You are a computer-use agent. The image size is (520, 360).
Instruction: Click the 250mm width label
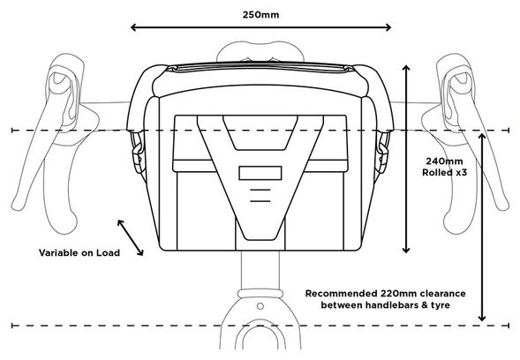point(260,15)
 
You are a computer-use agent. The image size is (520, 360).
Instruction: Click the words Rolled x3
point(444,173)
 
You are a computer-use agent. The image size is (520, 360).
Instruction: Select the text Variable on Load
point(79,253)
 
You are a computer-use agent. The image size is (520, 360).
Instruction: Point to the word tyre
point(440,305)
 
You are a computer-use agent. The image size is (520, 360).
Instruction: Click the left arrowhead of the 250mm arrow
point(133,27)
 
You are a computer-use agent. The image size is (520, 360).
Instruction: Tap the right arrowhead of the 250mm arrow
point(388,27)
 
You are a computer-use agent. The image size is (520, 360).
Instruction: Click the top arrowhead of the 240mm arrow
point(406,68)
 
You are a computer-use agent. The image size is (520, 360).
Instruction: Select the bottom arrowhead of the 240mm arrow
point(406,250)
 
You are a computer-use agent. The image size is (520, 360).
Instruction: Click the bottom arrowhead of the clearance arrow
point(482,319)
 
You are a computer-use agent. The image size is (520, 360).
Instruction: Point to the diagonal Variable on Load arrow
point(131,237)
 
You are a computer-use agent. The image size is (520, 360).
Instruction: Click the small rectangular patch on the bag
point(260,173)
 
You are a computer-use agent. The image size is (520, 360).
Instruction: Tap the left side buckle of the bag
point(139,152)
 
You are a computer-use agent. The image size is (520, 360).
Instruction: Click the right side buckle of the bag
point(382,152)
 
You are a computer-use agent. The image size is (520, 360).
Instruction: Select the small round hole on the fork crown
point(260,306)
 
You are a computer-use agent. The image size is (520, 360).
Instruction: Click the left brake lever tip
point(19,205)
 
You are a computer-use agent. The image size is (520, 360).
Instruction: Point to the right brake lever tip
point(502,205)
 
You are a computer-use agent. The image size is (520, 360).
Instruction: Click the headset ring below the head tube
point(260,293)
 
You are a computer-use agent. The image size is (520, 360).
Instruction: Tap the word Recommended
point(342,294)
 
